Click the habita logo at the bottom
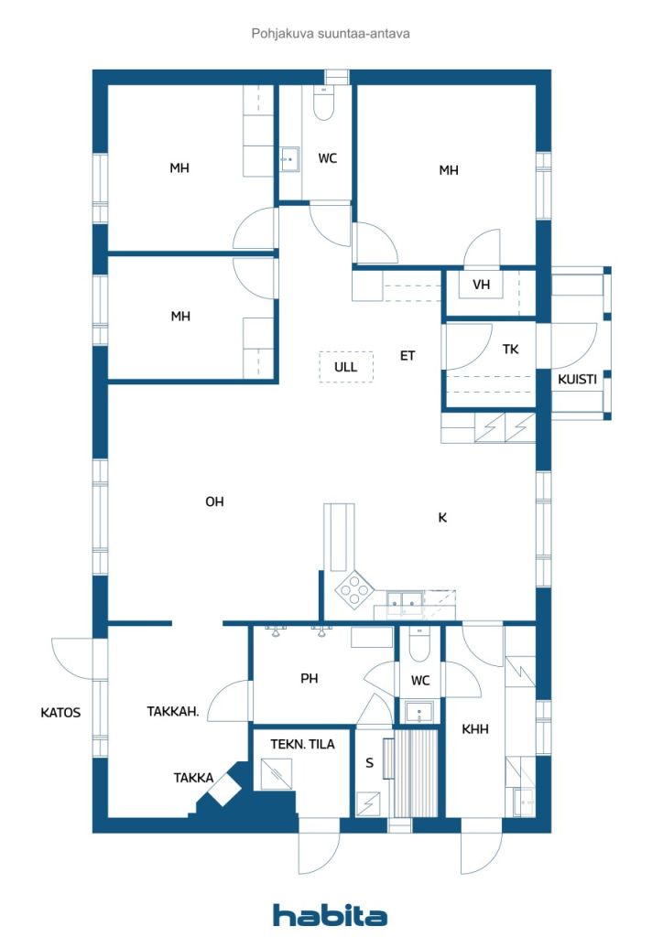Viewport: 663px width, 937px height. (330, 915)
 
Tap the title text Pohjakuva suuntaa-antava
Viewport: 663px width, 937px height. (331, 34)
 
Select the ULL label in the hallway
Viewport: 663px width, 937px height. (345, 367)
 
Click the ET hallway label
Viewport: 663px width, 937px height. (408, 356)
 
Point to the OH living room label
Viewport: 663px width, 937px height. (214, 501)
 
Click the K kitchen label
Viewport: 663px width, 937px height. (442, 518)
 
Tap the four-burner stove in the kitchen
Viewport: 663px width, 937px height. (354, 589)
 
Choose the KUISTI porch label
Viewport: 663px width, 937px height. (577, 379)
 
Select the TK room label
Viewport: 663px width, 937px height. (511, 349)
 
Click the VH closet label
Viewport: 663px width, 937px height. (482, 285)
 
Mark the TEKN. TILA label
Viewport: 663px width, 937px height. (302, 744)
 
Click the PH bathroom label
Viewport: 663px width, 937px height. (310, 678)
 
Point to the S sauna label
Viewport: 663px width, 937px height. (369, 762)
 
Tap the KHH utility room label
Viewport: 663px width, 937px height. (475, 729)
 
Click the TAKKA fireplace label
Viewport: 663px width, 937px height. (193, 778)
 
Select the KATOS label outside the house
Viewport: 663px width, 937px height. (60, 712)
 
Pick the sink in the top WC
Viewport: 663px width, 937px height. (290, 159)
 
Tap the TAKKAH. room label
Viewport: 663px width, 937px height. (173, 711)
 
